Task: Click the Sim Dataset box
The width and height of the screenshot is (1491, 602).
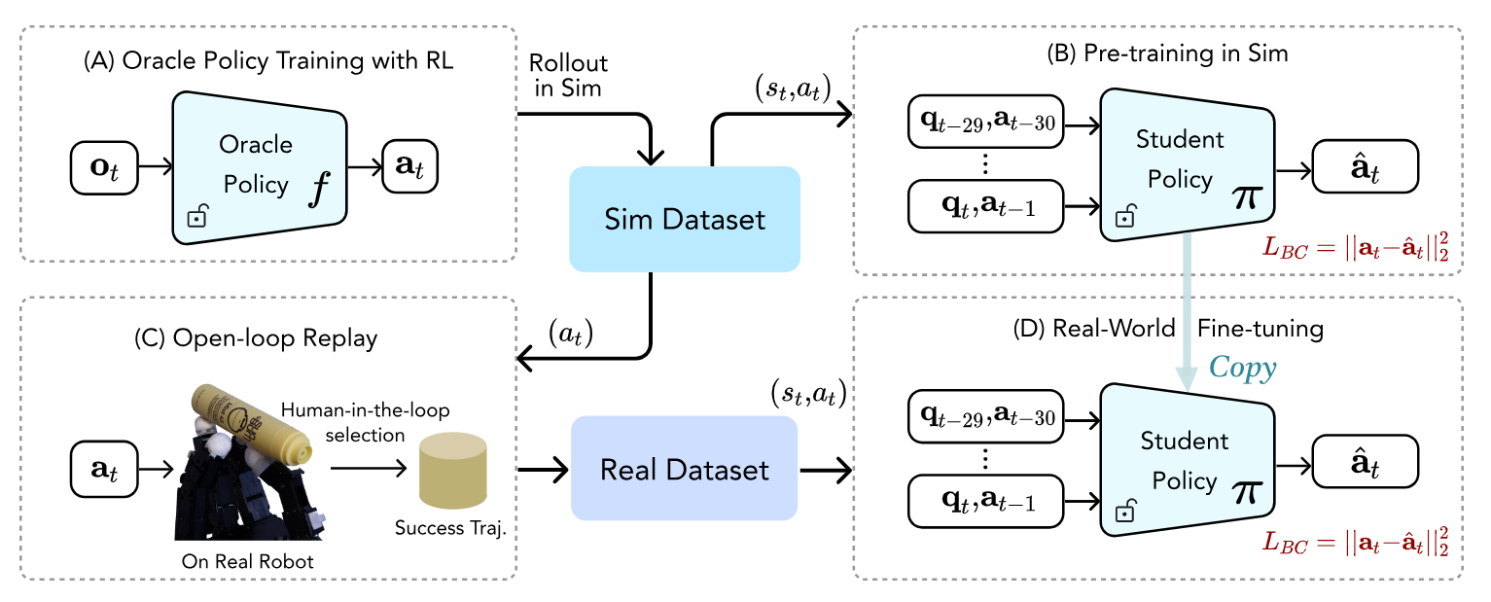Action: (685, 219)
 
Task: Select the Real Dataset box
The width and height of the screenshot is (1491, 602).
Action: (685, 469)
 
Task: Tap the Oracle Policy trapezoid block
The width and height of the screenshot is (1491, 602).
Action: (259, 167)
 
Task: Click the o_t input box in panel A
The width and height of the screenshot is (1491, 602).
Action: (104, 168)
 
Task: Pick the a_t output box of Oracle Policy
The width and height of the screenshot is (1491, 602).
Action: (410, 166)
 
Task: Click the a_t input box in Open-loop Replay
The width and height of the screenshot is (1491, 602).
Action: (104, 469)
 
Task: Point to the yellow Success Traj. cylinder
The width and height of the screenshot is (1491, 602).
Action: (452, 470)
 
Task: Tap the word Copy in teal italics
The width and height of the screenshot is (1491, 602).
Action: (1242, 368)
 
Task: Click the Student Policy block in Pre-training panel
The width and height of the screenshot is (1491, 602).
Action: (1187, 164)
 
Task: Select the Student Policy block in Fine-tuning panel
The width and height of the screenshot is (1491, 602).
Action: (1187, 460)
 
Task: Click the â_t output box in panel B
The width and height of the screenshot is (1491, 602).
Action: (1365, 166)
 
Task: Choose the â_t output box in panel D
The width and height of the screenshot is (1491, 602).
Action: (1365, 462)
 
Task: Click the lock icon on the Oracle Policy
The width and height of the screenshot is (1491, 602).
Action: (197, 216)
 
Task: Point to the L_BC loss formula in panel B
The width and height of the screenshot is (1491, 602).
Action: (1355, 247)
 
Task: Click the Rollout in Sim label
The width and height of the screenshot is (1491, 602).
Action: (568, 75)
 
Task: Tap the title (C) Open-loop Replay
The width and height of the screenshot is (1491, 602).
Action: (256, 338)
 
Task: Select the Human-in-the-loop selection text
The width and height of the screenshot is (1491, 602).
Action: (365, 422)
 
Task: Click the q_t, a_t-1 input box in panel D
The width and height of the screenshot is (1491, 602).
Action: (986, 502)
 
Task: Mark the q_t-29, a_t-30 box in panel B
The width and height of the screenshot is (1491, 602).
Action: (986, 122)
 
